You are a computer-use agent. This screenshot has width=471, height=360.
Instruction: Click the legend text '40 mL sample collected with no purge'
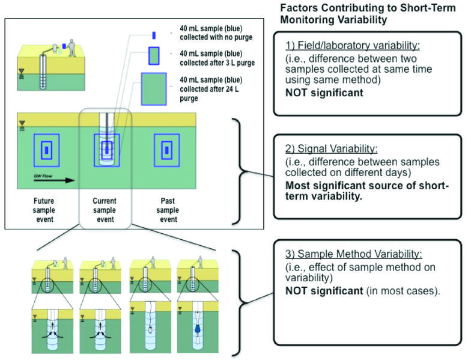click(214, 33)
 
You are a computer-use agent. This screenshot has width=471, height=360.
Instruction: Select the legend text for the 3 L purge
click(214, 58)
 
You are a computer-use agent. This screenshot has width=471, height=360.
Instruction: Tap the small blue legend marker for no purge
click(154, 35)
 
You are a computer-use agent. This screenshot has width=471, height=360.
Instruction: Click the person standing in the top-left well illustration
click(73, 48)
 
